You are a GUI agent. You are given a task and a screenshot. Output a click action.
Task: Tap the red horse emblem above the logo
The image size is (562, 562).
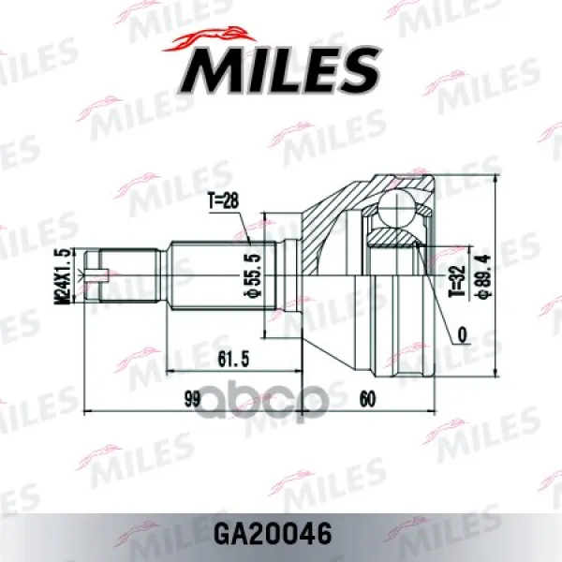[210, 38]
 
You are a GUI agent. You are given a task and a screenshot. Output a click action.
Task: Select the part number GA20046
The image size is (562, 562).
[273, 534]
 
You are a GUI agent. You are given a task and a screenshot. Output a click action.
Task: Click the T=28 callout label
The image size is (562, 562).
[223, 201]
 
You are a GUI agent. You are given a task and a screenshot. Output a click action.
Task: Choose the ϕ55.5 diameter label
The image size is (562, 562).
[255, 274]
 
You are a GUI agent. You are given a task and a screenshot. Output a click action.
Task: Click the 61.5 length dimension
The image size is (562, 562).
[233, 359]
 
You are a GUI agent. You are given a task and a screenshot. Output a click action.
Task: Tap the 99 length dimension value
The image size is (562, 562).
[192, 399]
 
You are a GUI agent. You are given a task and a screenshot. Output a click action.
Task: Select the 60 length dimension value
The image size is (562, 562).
[367, 399]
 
